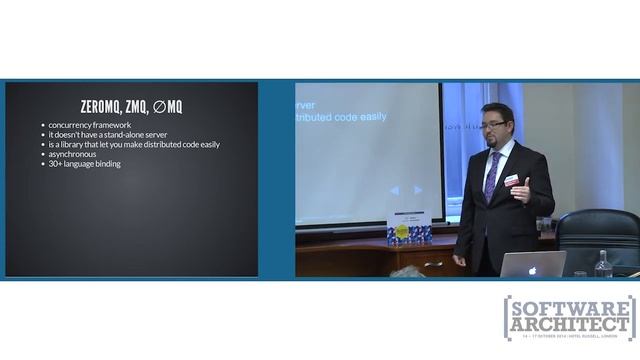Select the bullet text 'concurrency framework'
(90, 125)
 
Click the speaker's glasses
(493, 125)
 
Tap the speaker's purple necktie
(491, 176)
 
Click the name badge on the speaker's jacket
(511, 180)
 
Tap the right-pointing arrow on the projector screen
(418, 189)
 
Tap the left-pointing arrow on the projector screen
(394, 189)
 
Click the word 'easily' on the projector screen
(370, 117)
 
